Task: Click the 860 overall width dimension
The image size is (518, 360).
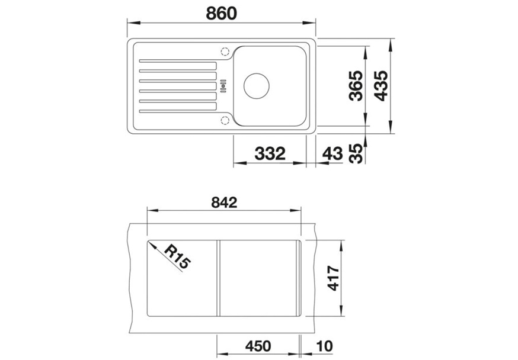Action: coord(221,13)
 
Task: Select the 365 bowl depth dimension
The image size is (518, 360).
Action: coord(356,86)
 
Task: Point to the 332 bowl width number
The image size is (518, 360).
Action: coord(270,153)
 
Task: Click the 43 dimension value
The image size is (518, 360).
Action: coord(332,153)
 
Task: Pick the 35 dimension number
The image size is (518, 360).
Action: coord(356,153)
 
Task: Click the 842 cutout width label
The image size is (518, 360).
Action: coord(224,202)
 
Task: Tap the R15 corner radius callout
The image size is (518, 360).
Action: coord(177,256)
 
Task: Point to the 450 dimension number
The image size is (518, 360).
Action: coord(258,346)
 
